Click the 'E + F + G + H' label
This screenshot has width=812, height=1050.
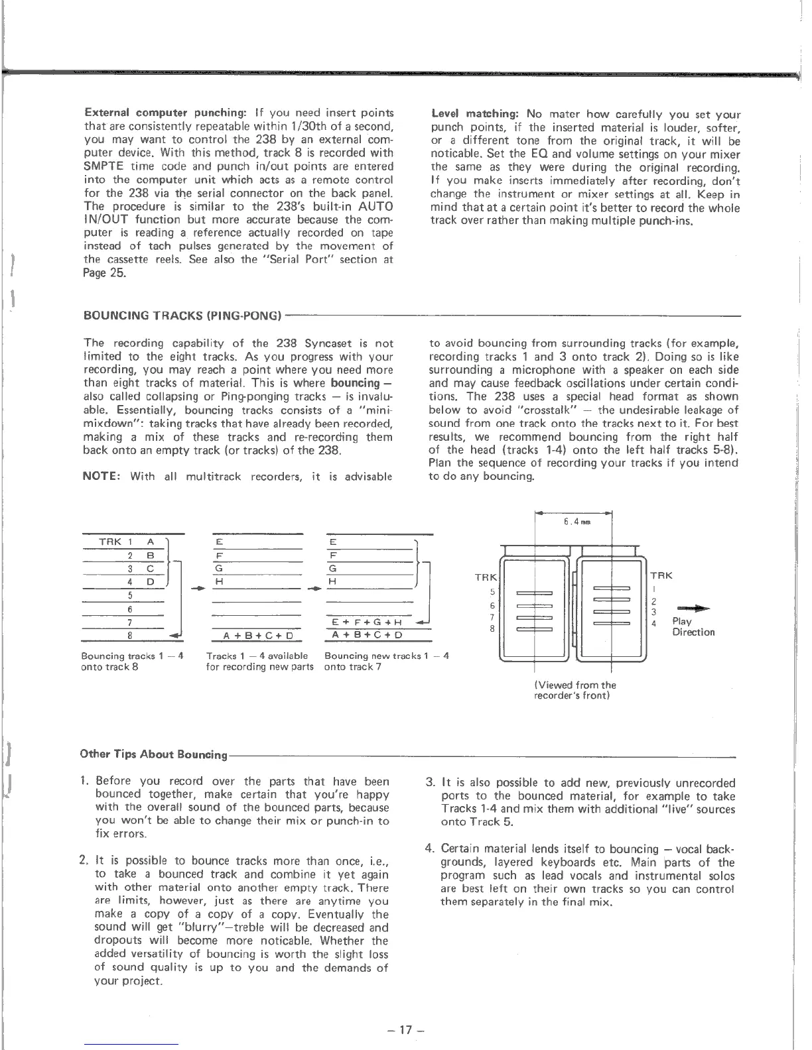(367, 622)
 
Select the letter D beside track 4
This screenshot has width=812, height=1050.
(151, 582)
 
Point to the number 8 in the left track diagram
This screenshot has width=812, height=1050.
(130, 635)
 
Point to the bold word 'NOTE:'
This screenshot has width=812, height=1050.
(105, 476)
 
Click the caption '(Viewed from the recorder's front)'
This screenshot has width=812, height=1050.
(575, 690)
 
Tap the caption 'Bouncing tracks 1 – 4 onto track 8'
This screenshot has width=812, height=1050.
(132, 662)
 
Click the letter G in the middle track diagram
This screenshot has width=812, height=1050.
(218, 569)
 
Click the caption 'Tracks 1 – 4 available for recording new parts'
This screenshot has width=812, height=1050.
(259, 662)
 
